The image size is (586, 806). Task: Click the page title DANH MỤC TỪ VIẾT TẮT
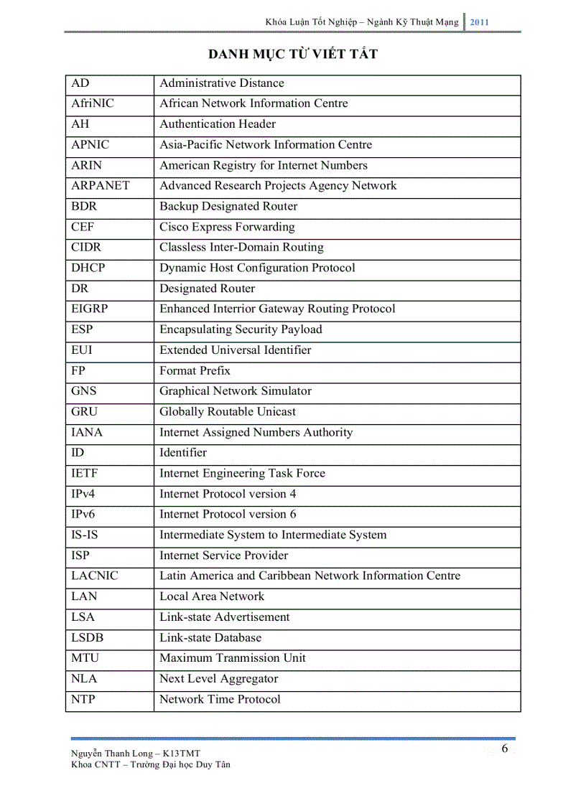coord(292,55)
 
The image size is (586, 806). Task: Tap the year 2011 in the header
coord(479,22)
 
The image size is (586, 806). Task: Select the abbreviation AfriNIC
coord(93,103)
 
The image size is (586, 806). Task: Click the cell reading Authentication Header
coord(218,124)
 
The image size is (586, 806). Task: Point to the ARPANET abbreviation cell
coord(101,186)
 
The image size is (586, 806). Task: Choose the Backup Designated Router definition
coord(228,207)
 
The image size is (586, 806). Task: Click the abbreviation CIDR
coord(86,248)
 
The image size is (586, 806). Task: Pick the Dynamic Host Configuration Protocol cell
coord(257,268)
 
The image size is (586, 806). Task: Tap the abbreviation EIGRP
coord(90,309)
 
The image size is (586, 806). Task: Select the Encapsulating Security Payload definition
coord(241,330)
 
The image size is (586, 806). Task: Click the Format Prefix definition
coord(195,371)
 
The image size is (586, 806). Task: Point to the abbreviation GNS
coord(84,392)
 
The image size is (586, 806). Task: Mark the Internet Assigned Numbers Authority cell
coord(256,433)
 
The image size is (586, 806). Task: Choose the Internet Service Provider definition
coord(224,556)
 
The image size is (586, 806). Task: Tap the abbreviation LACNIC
coord(95,576)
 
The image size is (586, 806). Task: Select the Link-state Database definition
coord(210,638)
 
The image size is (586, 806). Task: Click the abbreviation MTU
coord(85,658)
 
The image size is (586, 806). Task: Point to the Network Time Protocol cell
coord(220,700)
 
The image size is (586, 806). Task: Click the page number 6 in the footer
coord(505,749)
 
